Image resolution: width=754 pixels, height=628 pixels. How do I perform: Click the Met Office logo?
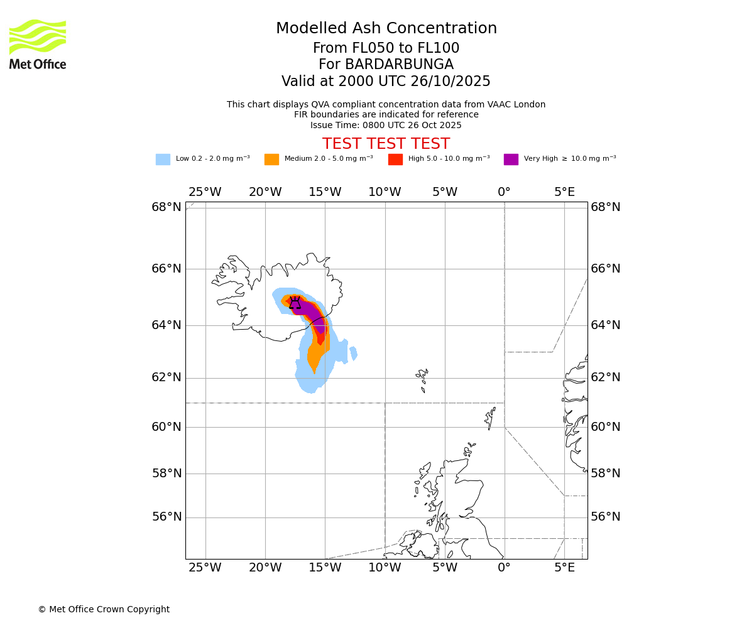pos(38,44)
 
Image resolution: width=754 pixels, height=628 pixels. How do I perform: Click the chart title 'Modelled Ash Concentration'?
pos(386,29)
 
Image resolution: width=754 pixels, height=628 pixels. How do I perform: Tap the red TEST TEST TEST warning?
pos(386,144)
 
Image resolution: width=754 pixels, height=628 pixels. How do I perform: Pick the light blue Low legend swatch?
pos(163,160)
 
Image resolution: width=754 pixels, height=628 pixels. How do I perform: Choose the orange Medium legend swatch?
pos(271,160)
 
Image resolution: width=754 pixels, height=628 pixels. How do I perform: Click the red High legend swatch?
pos(395,160)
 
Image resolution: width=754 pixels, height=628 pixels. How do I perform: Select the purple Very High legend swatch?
pos(511,160)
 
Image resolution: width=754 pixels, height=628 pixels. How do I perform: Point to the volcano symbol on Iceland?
pos(295,303)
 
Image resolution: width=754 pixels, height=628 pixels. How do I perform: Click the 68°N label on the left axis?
pos(167,207)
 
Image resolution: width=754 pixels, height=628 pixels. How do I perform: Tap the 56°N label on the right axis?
pos(606,517)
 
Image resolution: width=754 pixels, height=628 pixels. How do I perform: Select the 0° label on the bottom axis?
pos(504,568)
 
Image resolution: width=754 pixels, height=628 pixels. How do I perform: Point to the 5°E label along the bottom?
pos(564,568)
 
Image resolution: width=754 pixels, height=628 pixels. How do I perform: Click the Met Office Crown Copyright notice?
pos(104,610)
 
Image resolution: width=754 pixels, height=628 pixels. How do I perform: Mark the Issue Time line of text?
pos(386,126)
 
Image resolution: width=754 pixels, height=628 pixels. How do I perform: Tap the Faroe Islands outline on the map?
pos(422,380)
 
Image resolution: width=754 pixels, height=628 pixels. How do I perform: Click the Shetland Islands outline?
pos(490,417)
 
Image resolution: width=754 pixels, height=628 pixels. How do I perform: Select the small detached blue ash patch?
pos(354,354)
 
